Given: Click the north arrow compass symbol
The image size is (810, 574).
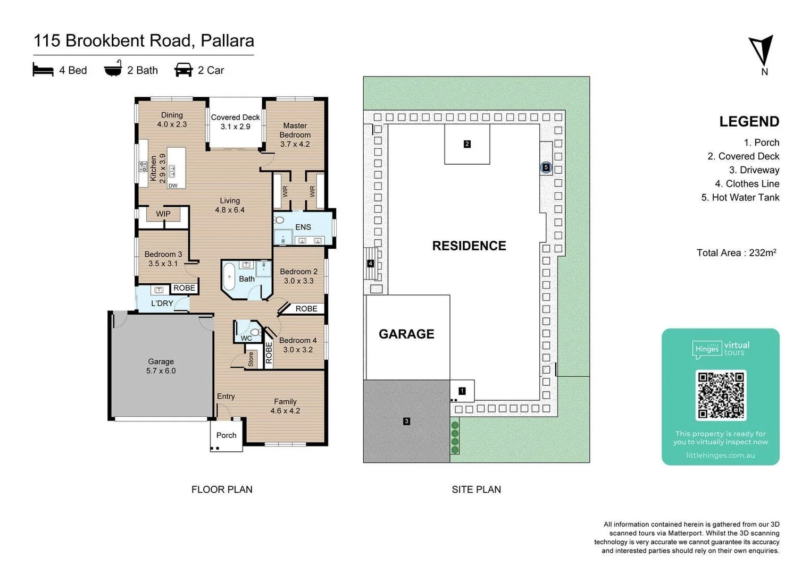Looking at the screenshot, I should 762,51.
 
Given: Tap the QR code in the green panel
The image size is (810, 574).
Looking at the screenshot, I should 721,395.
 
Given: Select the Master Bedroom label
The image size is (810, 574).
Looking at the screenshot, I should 295,134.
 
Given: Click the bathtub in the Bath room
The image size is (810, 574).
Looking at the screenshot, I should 229,276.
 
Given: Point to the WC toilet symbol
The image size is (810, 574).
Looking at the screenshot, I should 255,333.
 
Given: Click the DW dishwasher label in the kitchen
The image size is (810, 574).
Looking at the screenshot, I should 173,185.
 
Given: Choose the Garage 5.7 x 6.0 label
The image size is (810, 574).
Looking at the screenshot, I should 161,366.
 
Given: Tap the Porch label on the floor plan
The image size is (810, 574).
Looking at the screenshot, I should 226,435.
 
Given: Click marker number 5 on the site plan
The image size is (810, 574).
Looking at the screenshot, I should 546,167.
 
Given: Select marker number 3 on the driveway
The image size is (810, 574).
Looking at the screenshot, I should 406,421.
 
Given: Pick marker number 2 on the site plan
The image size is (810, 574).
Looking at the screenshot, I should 467,144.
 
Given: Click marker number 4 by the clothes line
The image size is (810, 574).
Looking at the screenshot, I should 370,264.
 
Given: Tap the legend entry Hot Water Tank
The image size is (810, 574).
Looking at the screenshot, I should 740,198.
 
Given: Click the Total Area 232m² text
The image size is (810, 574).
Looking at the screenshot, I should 736,253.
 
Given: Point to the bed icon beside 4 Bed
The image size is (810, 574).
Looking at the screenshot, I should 43,70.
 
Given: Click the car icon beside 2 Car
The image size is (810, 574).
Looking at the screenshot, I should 183,70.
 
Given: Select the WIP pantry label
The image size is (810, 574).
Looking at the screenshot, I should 163,214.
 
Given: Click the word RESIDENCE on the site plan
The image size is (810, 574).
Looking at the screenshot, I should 469,246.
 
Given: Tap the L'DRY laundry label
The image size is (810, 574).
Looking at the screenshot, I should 162,303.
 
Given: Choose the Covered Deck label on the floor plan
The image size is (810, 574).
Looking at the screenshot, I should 235,122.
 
